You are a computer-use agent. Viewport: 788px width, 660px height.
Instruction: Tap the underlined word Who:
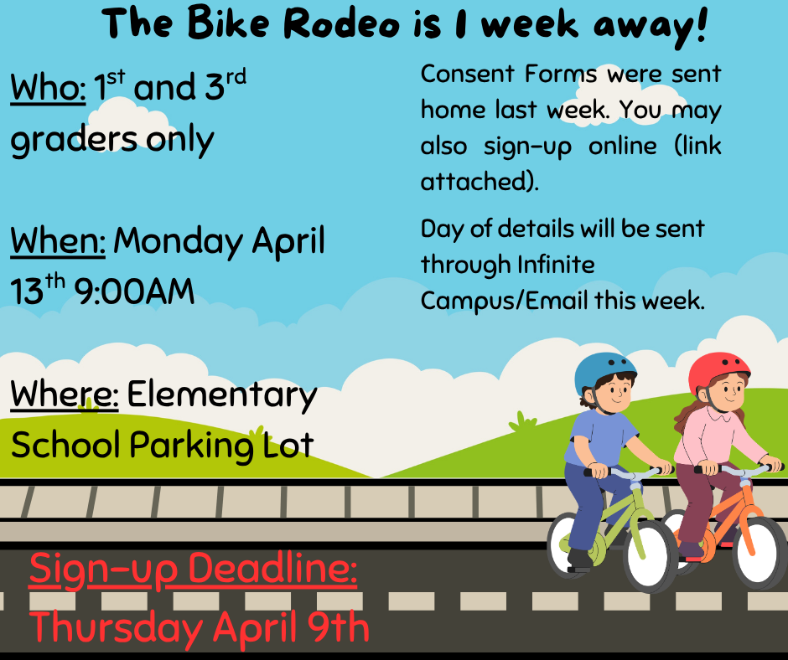(47, 88)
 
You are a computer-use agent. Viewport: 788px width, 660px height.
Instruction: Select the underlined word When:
(57, 241)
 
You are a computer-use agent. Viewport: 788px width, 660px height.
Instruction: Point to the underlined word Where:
(64, 394)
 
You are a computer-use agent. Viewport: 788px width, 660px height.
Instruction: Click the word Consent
(467, 74)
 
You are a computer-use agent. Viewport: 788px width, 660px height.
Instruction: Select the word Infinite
(555, 265)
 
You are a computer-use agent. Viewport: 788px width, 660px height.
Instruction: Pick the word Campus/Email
(504, 300)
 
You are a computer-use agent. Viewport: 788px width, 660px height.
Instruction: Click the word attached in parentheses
(474, 181)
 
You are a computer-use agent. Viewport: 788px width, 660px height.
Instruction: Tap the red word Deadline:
(273, 570)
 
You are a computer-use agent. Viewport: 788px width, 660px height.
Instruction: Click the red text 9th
(334, 626)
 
